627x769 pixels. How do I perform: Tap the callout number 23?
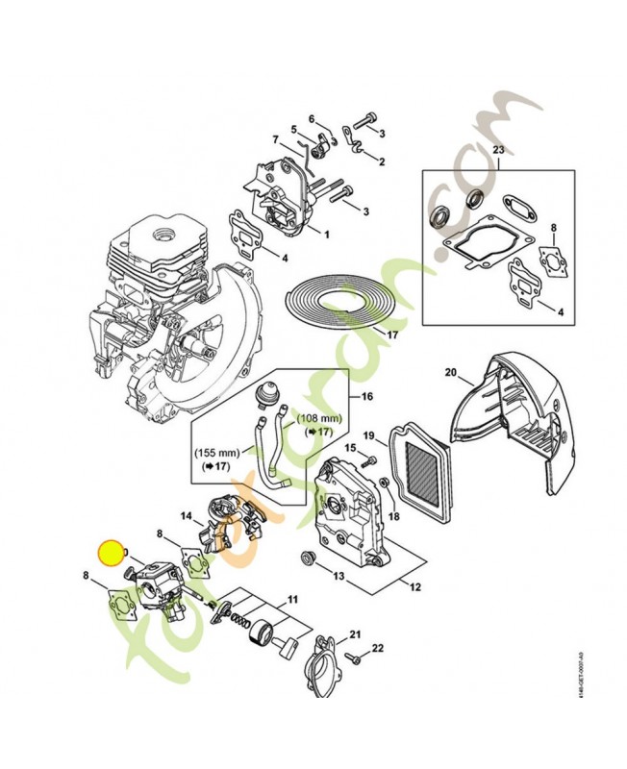coord(498,151)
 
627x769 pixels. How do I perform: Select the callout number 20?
coord(450,372)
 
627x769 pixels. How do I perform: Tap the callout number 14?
coord(187,515)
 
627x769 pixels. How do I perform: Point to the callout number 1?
coord(326,234)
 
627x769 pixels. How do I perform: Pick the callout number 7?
coord(275,138)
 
